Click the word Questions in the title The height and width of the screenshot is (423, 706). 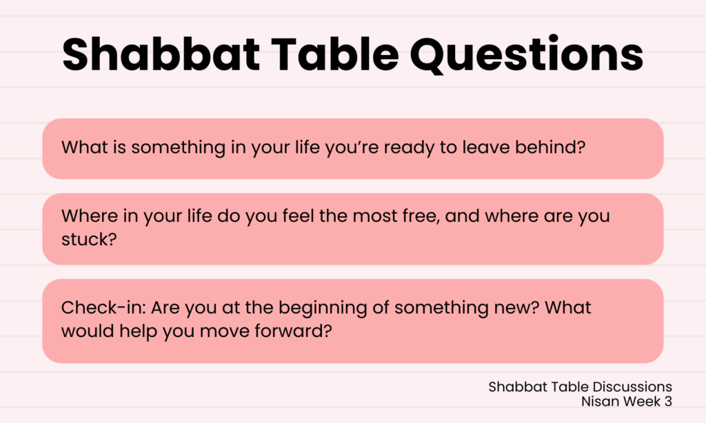tap(526, 55)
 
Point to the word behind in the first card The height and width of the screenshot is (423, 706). tap(550, 147)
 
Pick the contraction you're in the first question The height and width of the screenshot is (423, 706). tap(352, 148)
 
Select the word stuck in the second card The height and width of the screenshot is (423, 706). tap(89, 239)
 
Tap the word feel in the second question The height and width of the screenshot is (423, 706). tap(298, 216)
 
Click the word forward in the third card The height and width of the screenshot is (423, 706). tap(293, 331)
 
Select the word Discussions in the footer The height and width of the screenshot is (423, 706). tap(632, 386)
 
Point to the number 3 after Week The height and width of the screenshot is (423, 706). tap(668, 401)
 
